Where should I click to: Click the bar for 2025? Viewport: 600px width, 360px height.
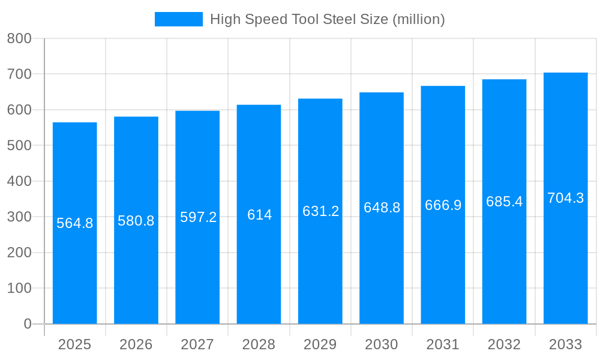[75, 270]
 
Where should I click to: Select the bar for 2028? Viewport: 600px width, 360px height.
[259, 270]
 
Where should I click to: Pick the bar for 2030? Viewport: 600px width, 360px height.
[382, 270]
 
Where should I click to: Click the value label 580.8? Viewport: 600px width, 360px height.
[136, 221]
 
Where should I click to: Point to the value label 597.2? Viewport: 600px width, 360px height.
[198, 217]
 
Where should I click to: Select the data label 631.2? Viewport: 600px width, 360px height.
[320, 211]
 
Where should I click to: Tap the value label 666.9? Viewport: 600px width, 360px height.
[443, 205]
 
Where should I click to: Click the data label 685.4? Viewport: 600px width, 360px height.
[504, 202]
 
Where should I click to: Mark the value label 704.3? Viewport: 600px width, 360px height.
[565, 198]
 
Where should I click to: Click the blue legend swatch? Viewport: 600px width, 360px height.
[178, 19]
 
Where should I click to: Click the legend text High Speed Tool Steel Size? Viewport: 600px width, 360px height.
[327, 19]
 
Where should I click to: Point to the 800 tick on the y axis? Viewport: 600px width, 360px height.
[19, 38]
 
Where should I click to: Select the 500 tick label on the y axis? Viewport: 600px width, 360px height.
[19, 145]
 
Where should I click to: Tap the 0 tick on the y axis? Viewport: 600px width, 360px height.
[27, 324]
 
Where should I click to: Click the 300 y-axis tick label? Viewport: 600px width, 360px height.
[19, 217]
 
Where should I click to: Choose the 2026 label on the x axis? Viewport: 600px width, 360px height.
[136, 344]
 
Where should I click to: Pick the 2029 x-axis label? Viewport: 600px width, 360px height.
[320, 344]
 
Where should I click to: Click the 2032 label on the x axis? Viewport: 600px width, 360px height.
[504, 344]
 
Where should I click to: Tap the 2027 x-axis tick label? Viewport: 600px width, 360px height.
[197, 344]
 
